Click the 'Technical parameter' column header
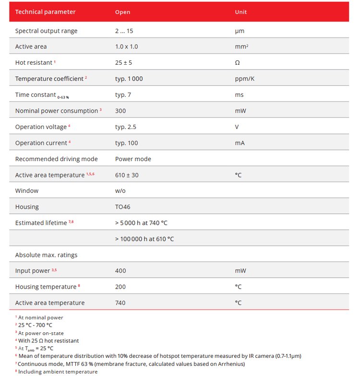(x=45, y=12)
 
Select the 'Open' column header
(x=122, y=12)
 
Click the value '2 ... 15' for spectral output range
(x=124, y=31)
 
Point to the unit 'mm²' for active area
(x=241, y=47)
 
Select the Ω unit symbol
(x=237, y=63)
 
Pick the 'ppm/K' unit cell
(x=244, y=79)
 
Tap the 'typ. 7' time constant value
(x=123, y=95)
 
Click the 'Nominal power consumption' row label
(x=57, y=111)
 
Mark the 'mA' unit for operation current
(x=240, y=143)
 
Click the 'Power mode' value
(x=133, y=159)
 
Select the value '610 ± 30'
(x=127, y=175)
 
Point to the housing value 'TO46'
(x=123, y=207)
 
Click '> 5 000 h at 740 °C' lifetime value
(x=141, y=223)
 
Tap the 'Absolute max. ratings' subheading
(x=46, y=255)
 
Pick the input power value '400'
(x=120, y=271)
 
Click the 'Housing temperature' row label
(x=46, y=287)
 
